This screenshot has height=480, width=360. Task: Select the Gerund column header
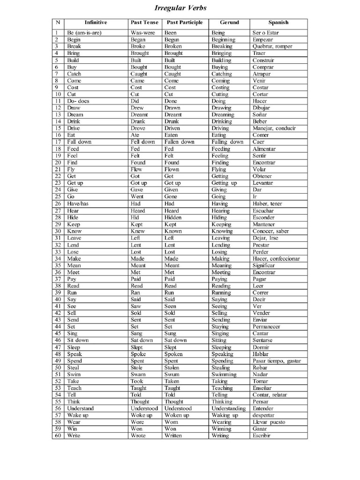coord(229,22)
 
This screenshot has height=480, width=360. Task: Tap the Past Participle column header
coord(185,22)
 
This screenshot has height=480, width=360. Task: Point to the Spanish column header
coord(278,22)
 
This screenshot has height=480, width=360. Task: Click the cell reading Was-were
coord(143,33)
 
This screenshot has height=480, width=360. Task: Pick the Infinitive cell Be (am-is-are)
coord(84,33)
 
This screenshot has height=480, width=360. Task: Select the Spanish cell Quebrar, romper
coord(272,46)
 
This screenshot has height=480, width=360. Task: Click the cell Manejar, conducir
coord(276,128)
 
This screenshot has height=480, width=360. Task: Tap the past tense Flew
coord(136,169)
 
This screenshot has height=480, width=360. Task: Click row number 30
coord(58,231)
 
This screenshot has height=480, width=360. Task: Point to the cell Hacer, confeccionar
coord(276,259)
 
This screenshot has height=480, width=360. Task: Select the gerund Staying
coord(220,327)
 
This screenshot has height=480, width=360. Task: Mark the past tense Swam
coord(138,375)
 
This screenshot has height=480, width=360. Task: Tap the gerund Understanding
coord(229,409)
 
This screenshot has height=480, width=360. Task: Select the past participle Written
coord(175,436)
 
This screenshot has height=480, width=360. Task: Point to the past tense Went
coord(138,197)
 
